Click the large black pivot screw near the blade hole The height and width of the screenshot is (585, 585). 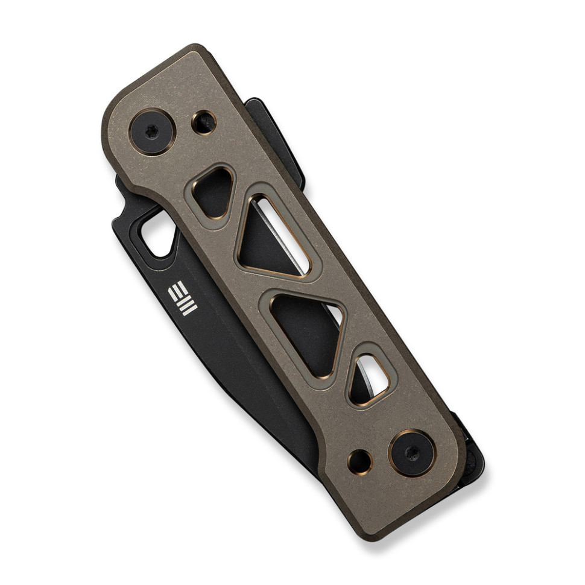pos(152,131)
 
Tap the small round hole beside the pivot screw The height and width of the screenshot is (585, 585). pos(204,122)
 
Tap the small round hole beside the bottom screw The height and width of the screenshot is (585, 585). pos(360,461)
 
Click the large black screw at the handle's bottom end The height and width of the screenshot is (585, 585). pos(412,453)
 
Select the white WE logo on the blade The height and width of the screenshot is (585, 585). pos(182,299)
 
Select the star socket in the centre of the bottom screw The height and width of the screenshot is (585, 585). pos(412,453)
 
